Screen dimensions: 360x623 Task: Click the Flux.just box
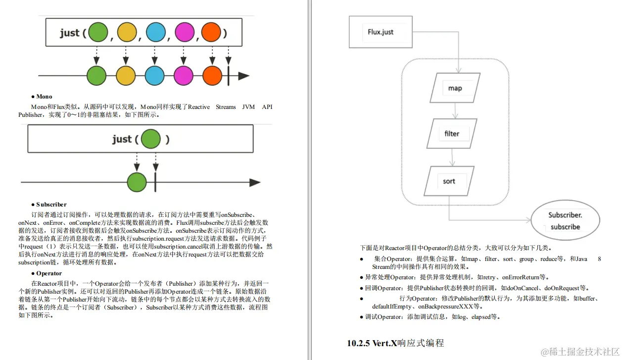381,32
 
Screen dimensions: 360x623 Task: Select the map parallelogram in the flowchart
455,88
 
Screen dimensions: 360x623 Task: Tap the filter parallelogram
451,134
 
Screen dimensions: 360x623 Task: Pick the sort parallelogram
449,181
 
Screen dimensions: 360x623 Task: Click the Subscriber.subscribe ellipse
565,221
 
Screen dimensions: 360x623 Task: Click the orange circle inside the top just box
210,33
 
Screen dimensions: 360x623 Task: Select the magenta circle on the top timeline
184,76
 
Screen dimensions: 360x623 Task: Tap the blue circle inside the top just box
155,33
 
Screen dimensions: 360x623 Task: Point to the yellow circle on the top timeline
126,76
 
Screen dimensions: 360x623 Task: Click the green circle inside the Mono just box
151,139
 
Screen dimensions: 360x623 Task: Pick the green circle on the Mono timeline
137,182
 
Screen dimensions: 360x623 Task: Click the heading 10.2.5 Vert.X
395,343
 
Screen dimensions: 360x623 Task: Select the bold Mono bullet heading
44,97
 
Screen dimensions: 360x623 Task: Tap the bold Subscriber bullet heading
51,205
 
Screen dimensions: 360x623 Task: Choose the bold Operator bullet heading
48,273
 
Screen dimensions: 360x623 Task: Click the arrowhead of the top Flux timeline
243,76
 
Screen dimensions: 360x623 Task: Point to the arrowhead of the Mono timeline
255,182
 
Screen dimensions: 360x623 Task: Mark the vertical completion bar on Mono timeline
155,182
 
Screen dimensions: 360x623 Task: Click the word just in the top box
70,33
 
